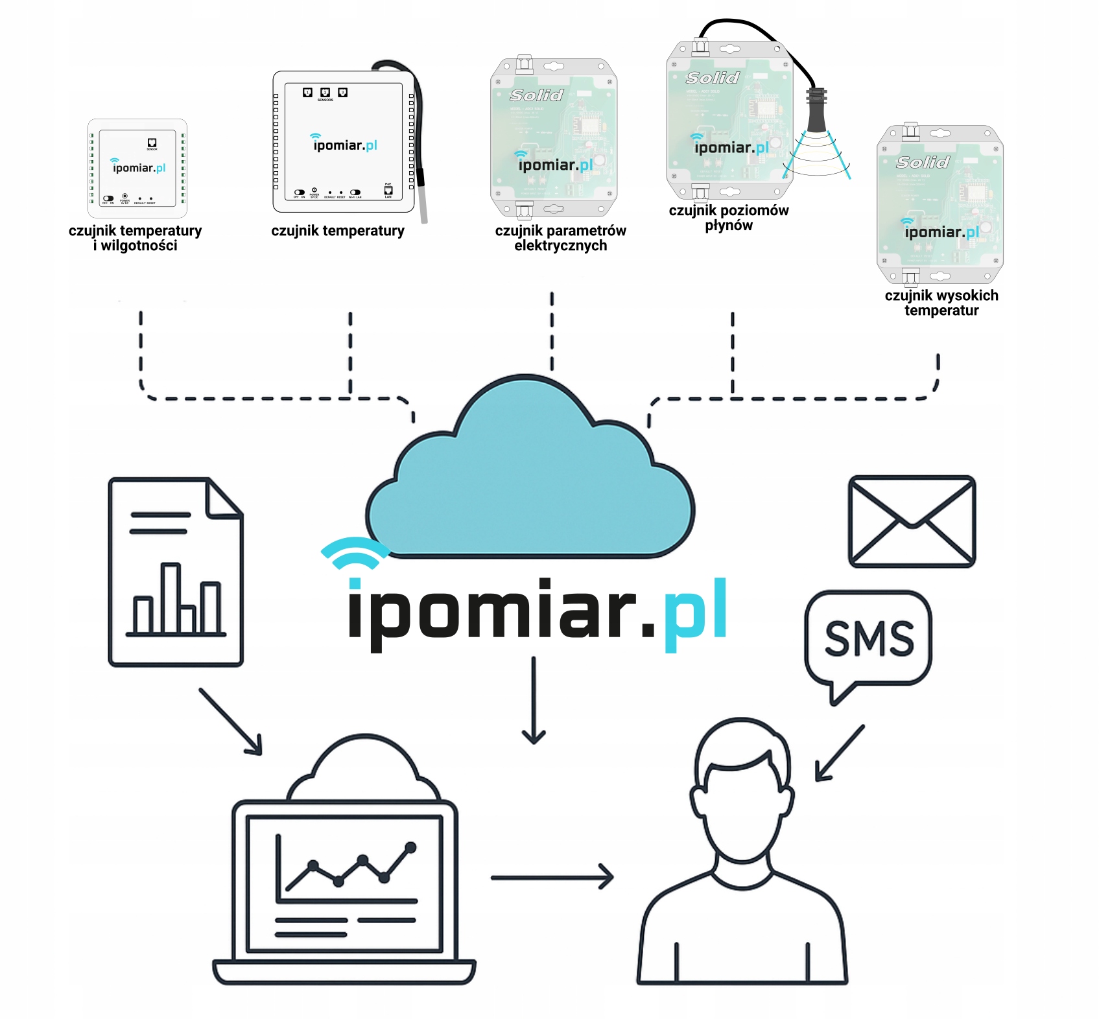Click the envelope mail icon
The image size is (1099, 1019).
pyautogui.click(x=912, y=521)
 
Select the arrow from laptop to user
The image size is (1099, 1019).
pyautogui.click(x=552, y=877)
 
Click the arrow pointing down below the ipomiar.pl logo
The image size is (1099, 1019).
pyautogui.click(x=534, y=700)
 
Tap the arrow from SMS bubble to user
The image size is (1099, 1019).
pyautogui.click(x=840, y=753)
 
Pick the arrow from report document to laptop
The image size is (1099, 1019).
pyautogui.click(x=230, y=721)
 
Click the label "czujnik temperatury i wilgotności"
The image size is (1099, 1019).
pyautogui.click(x=135, y=238)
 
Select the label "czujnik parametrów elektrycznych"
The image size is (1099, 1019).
pyautogui.click(x=560, y=238)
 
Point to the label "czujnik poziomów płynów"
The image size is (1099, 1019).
pyautogui.click(x=729, y=218)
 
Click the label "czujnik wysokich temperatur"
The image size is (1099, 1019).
pyautogui.click(x=941, y=303)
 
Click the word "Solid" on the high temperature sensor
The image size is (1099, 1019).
pyautogui.click(x=923, y=162)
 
